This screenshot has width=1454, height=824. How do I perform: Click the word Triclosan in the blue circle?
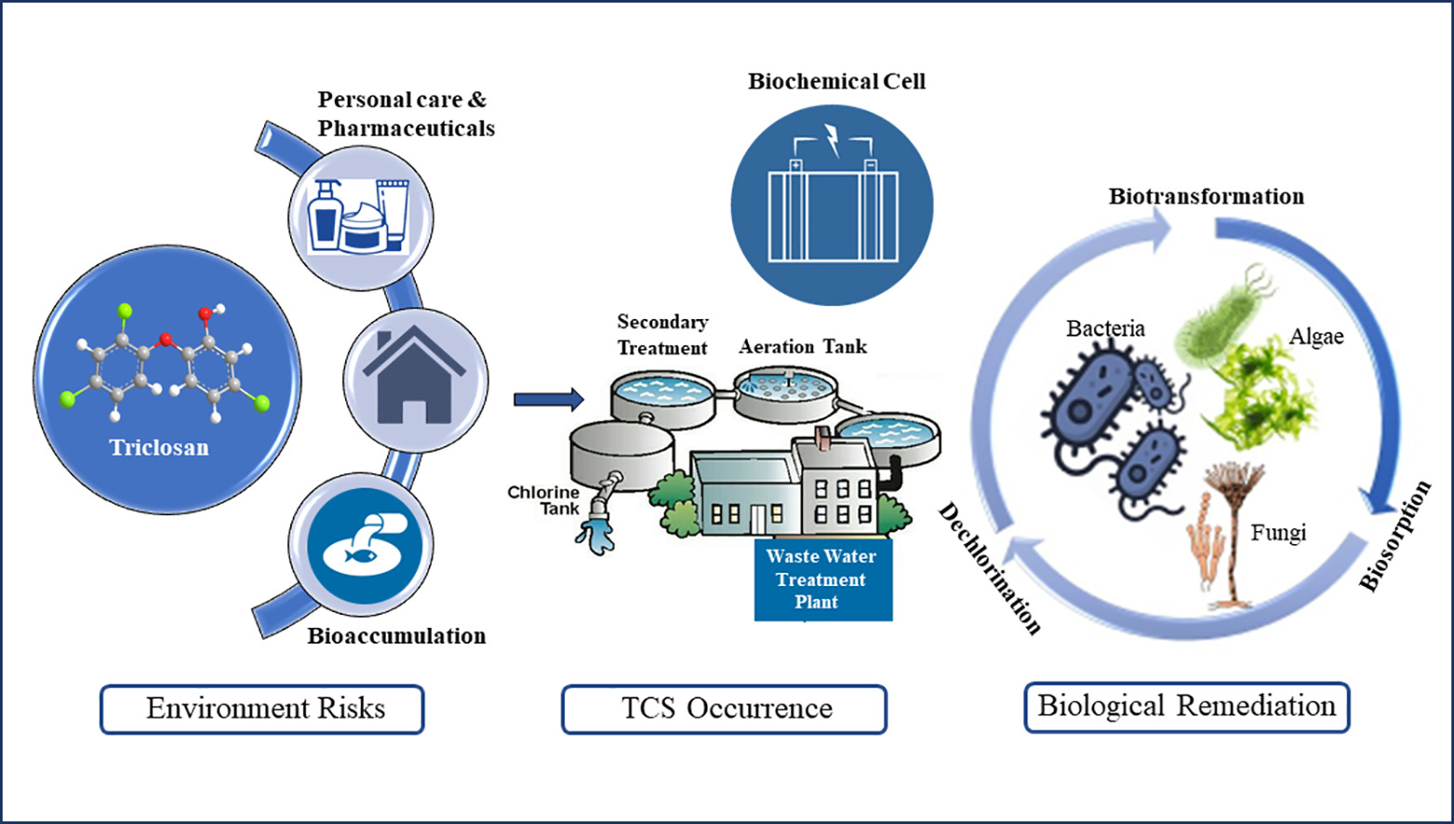pyautogui.click(x=159, y=447)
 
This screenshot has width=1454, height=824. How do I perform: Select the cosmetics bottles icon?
pyautogui.click(x=359, y=216)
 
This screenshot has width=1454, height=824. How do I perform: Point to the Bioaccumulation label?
pyautogui.click(x=396, y=636)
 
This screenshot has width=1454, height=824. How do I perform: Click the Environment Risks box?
pyautogui.click(x=262, y=709)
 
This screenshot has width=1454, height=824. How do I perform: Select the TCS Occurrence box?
pyautogui.click(x=724, y=709)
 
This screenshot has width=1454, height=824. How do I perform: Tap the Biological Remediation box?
pyautogui.click(x=1186, y=706)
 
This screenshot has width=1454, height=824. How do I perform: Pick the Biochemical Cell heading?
pyautogui.click(x=836, y=82)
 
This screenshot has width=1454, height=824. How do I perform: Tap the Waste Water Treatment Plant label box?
pyautogui.click(x=822, y=579)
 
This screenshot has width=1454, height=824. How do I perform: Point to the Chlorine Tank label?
pyautogui.click(x=544, y=500)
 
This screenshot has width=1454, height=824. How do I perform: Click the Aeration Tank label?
pyautogui.click(x=803, y=347)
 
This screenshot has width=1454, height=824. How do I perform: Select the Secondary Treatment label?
pyautogui.click(x=662, y=335)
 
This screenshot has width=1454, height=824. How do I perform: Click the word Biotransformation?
pyautogui.click(x=1206, y=196)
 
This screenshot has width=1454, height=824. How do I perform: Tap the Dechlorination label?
pyautogui.click(x=990, y=567)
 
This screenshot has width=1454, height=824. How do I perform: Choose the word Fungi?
pyautogui.click(x=1278, y=533)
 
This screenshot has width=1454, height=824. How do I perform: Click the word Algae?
pyautogui.click(x=1316, y=337)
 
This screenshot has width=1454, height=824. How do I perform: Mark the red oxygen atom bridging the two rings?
pyautogui.click(x=167, y=340)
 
